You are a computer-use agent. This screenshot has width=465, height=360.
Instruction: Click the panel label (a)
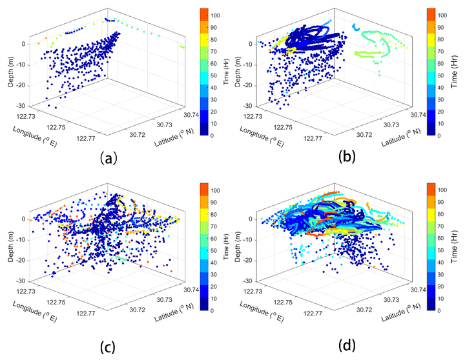[108, 157]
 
